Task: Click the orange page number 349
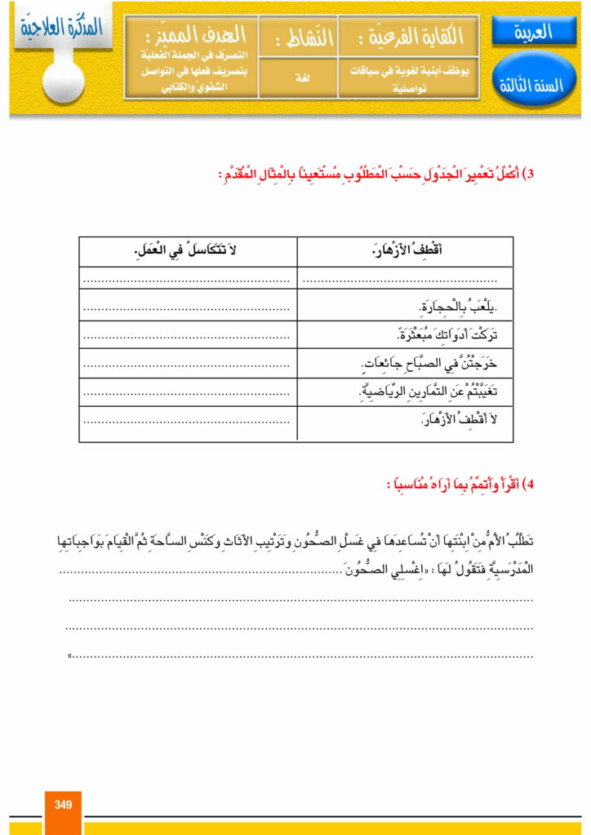click(63, 805)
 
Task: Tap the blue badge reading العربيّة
click(534, 32)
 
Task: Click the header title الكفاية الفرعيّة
click(416, 37)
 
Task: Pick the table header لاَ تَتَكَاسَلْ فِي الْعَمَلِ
click(188, 252)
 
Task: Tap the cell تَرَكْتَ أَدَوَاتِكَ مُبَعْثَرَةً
click(441, 335)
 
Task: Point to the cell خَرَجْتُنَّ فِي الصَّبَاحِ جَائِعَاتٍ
click(429, 364)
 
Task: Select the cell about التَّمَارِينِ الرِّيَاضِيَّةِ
click(429, 392)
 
